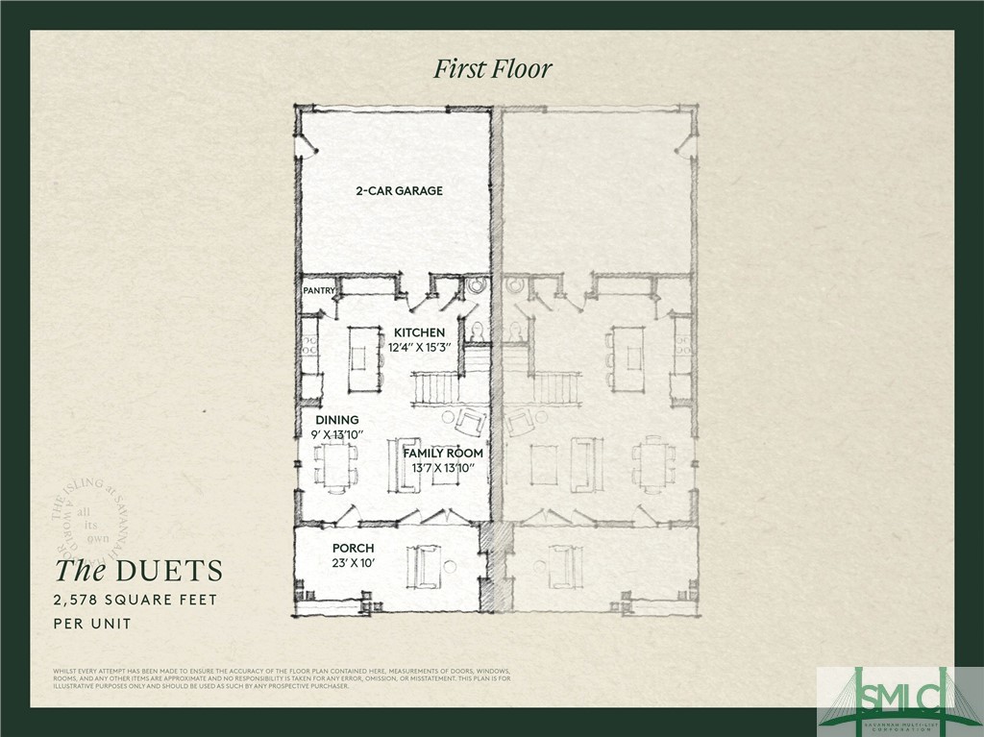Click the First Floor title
pyautogui.click(x=493, y=69)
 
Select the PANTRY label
pyautogui.click(x=318, y=289)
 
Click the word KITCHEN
pyautogui.click(x=419, y=332)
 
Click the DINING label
pyautogui.click(x=337, y=420)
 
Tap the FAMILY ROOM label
pyautogui.click(x=442, y=453)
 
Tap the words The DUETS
pyautogui.click(x=138, y=571)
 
